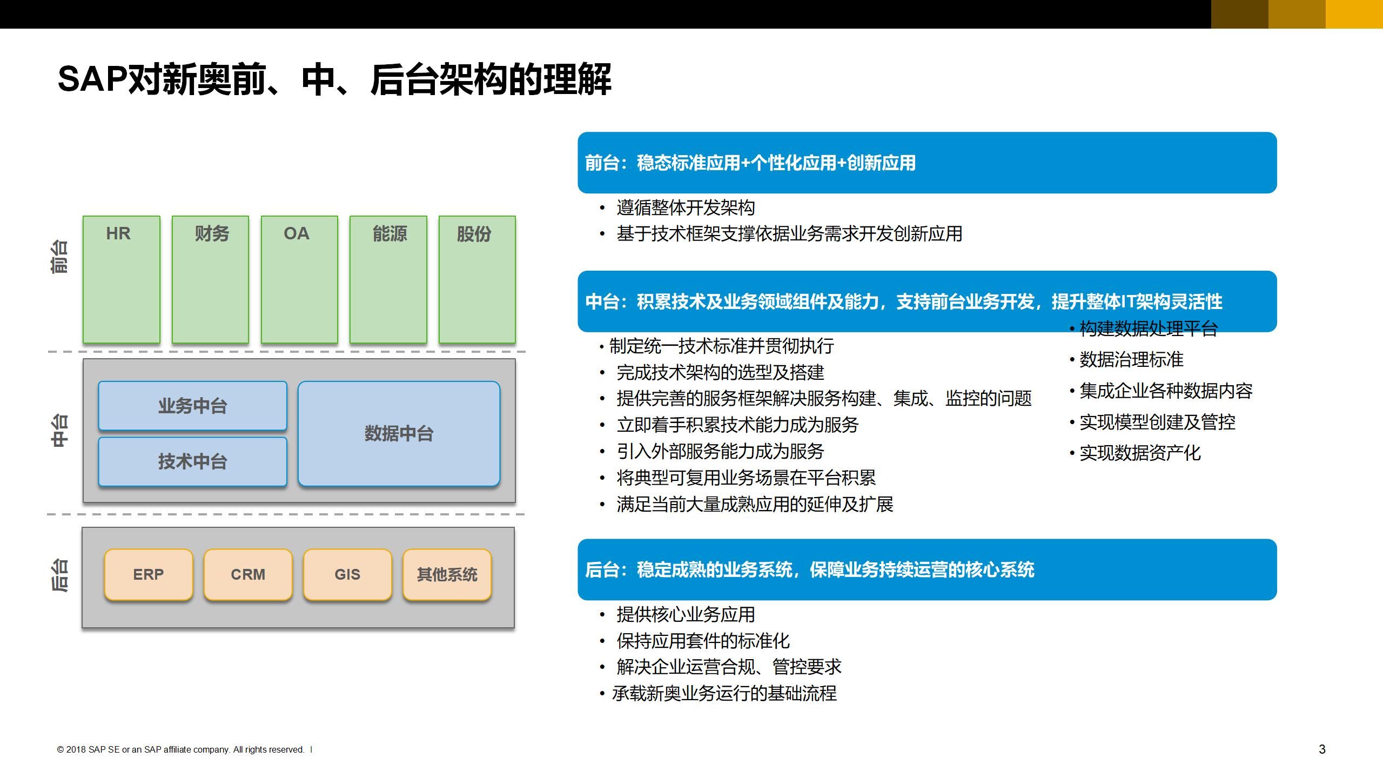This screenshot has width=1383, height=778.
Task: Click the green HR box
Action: tap(122, 279)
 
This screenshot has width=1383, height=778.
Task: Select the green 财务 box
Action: tap(210, 279)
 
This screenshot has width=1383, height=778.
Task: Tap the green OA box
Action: tap(299, 279)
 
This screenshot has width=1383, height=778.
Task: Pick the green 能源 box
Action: tap(388, 279)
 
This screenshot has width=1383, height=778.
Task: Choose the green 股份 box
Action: tap(477, 279)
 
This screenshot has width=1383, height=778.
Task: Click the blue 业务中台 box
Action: tap(192, 406)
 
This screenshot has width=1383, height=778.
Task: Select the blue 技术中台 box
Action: tap(192, 461)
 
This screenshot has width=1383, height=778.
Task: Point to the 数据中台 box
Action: tap(399, 433)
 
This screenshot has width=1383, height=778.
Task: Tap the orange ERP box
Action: tap(149, 574)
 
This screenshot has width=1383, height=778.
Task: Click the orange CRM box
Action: tap(248, 574)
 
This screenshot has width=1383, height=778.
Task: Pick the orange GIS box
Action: tap(347, 574)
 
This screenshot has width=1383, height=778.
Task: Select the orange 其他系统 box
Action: tap(447, 574)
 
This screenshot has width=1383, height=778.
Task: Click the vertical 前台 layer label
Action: tap(59, 257)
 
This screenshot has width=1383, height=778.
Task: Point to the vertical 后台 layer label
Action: tap(59, 575)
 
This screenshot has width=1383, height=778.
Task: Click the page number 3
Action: tap(1322, 749)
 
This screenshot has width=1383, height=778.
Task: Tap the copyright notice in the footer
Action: tap(181, 749)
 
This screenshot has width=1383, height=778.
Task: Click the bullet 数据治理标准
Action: tap(1131, 359)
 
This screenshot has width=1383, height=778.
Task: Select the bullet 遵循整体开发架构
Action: tap(685, 207)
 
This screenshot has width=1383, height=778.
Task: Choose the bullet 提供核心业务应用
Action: tap(685, 614)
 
